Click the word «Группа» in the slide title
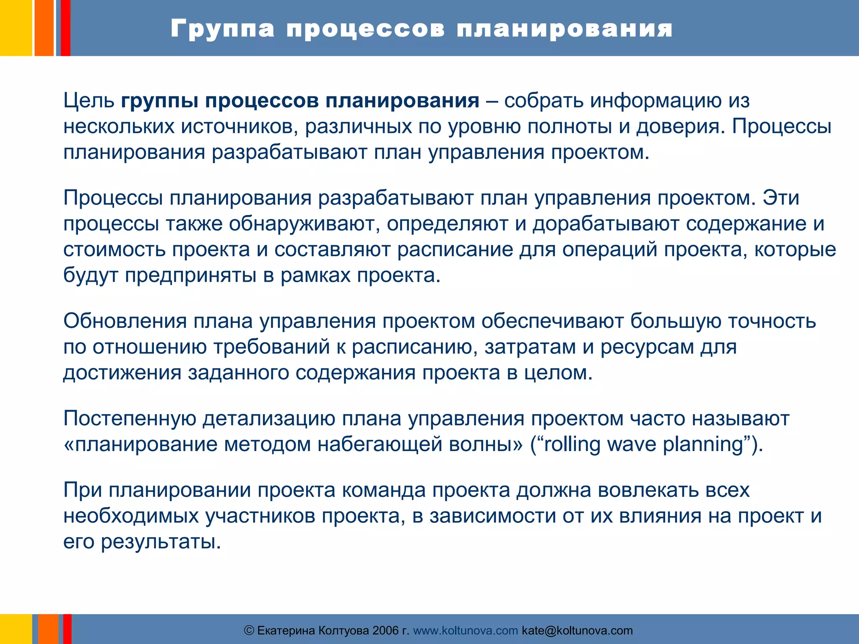click(222, 29)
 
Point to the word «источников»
click(239, 127)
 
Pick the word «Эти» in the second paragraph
click(781, 197)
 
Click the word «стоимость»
click(115, 249)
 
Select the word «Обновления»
click(125, 321)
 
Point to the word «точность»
click(772, 321)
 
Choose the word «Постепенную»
click(130, 418)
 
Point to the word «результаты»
click(161, 542)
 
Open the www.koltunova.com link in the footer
click(466, 631)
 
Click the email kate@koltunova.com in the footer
click(577, 631)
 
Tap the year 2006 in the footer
click(385, 631)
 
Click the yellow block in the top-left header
click(16, 28)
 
